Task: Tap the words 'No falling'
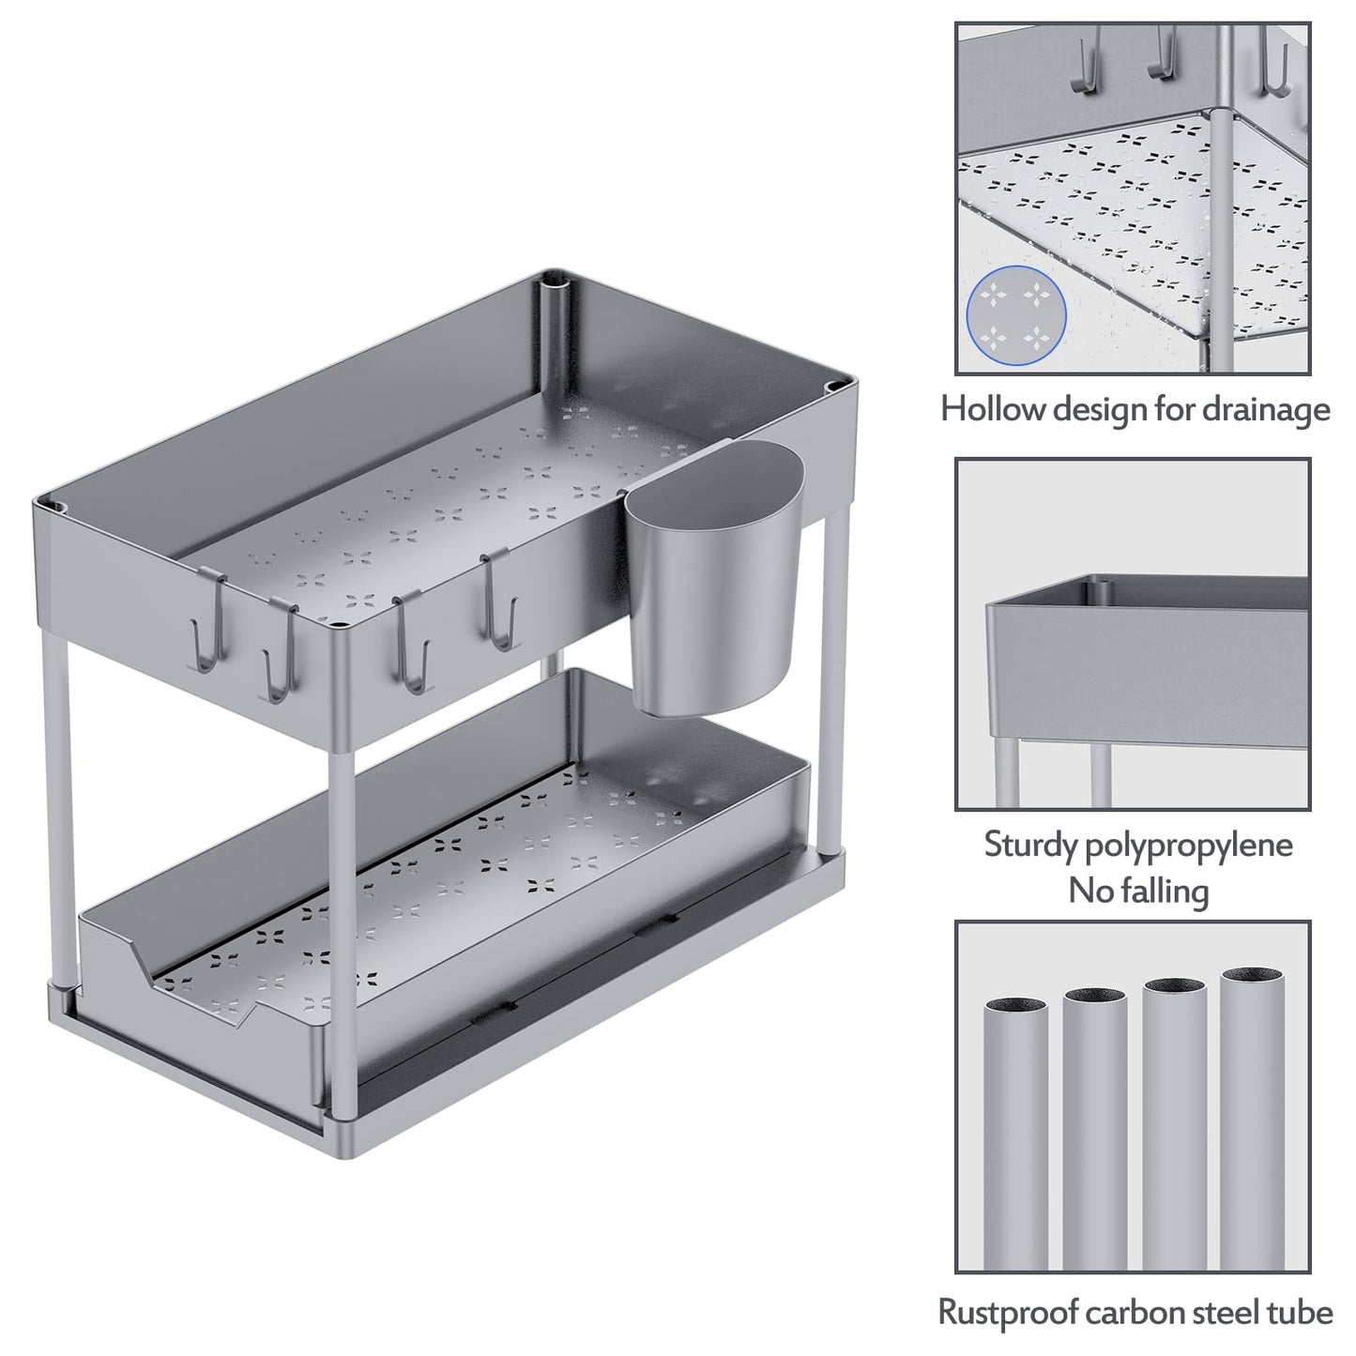click(1137, 890)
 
